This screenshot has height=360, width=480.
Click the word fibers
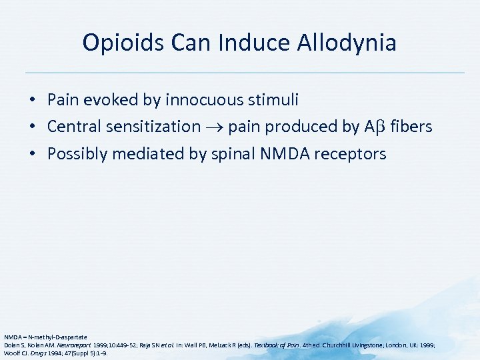click(x=411, y=127)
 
